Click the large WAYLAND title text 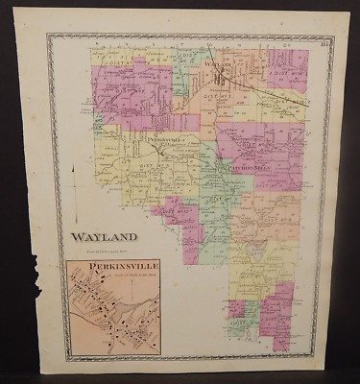(x=104, y=237)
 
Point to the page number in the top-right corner (x=326, y=39)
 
